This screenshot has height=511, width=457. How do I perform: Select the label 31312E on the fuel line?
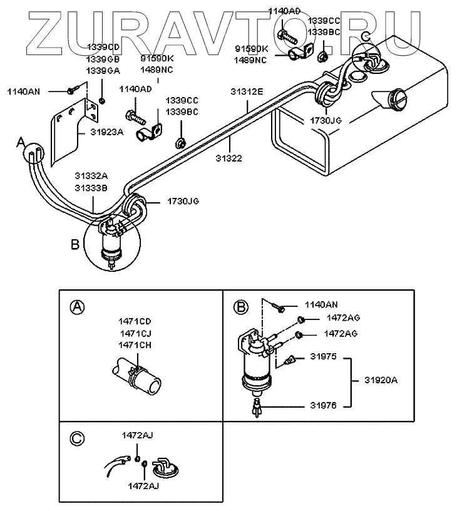247,92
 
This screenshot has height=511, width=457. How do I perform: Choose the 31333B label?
92,187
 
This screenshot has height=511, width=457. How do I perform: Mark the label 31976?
323,405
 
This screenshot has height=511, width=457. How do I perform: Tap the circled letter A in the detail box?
76,306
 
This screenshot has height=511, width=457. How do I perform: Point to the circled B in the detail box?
240,306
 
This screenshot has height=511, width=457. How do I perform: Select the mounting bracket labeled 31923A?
69,128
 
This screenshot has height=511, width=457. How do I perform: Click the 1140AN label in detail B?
321,305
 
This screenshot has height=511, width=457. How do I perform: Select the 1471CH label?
135,345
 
